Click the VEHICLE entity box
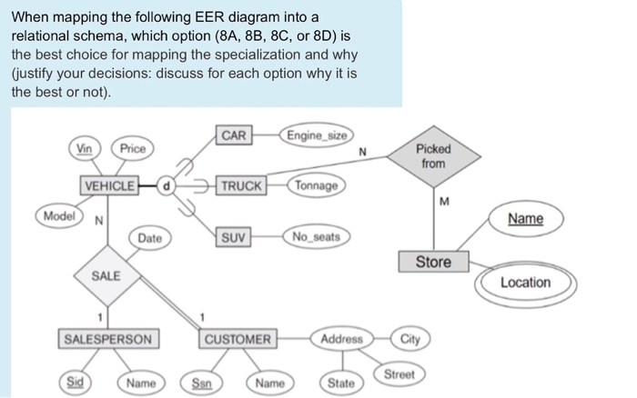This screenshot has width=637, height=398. click(108, 186)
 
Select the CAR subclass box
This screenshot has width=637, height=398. click(234, 135)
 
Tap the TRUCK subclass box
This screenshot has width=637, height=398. click(240, 185)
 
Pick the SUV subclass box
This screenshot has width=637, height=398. click(234, 237)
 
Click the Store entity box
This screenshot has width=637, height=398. click(433, 262)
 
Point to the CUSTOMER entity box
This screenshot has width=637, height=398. click(238, 339)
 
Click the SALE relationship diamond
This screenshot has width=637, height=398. click(106, 274)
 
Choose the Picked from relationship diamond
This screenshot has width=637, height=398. click(433, 155)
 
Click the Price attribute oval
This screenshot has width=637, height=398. click(133, 148)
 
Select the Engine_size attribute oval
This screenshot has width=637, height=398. click(316, 135)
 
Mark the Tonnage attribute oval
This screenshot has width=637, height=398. click(316, 185)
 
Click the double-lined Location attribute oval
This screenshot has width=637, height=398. click(525, 283)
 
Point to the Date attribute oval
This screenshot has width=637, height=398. click(150, 238)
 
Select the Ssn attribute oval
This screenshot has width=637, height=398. click(201, 383)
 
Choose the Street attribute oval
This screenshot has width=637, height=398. click(399, 373)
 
